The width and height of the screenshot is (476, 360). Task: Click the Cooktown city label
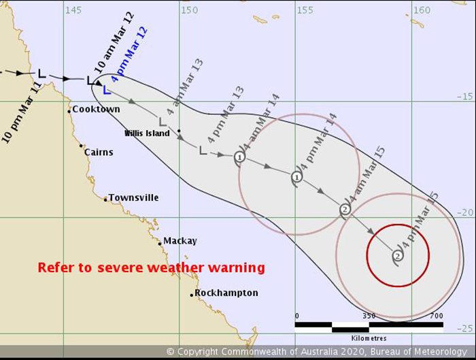coord(96,110)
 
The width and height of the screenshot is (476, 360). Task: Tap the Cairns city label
coord(99,152)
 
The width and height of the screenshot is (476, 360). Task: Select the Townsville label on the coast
coord(133,198)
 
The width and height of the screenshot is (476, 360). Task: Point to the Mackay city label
coord(181,241)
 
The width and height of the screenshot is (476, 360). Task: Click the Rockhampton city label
coord(226,293)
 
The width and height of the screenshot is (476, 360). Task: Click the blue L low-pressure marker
coord(106,88)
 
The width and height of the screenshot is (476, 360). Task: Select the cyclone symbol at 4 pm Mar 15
coord(398,256)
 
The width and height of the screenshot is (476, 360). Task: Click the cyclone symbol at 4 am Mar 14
coord(239,157)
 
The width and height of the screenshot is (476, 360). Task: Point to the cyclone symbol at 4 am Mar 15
coord(345,210)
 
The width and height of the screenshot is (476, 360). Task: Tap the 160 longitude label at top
coord(422,10)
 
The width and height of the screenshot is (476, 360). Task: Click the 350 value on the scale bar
coord(369,316)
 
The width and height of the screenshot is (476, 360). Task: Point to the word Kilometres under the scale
coord(369,338)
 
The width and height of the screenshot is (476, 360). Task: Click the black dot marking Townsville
coord(105,199)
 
